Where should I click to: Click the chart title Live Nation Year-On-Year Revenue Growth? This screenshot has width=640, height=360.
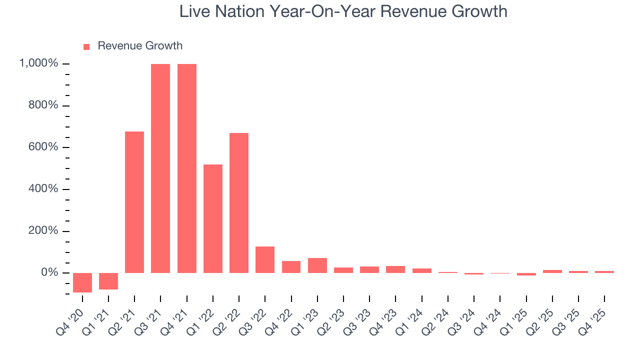click(343, 11)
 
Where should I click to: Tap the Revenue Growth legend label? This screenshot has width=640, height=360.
click(140, 46)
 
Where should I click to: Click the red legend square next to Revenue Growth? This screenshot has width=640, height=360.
click(86, 46)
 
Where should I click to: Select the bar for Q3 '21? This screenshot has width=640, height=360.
click(160, 168)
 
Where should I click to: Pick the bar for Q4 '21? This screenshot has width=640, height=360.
click(186, 168)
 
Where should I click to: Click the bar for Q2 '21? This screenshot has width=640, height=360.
click(134, 202)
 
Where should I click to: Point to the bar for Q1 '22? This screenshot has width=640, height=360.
click(213, 218)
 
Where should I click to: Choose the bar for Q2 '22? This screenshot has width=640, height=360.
click(239, 202)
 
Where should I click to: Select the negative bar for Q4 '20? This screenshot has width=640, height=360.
click(82, 282)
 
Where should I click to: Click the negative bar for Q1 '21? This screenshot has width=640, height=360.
click(108, 281)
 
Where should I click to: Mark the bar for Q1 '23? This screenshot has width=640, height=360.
click(317, 265)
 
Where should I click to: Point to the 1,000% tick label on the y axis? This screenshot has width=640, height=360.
click(38, 63)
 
